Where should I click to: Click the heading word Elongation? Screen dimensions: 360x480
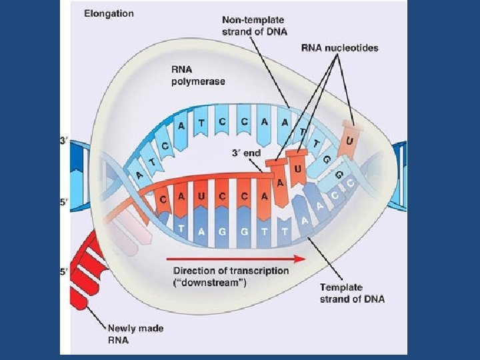(x=109, y=13)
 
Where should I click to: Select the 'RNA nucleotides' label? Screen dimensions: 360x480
(x=339, y=48)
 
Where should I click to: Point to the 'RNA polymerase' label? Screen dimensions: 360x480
(x=198, y=75)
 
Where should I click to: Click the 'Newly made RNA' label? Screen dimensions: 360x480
(x=136, y=335)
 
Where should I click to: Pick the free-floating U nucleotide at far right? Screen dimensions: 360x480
(x=350, y=141)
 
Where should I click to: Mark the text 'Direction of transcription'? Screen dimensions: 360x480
(x=231, y=271)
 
